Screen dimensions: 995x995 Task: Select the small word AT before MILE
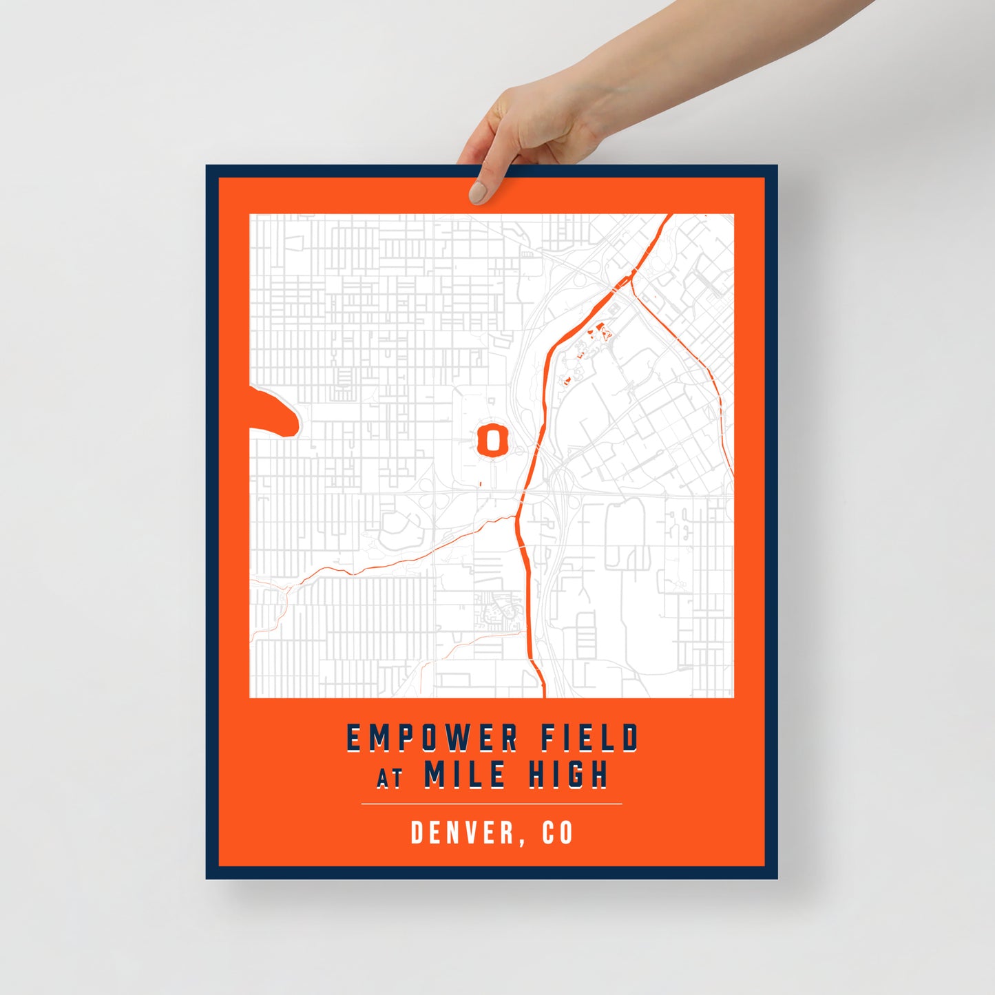(x=389, y=778)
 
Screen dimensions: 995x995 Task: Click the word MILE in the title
(x=465, y=774)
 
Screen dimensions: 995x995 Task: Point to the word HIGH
(x=568, y=774)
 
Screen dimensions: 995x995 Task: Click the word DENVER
(x=463, y=832)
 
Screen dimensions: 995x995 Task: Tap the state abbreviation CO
(x=557, y=832)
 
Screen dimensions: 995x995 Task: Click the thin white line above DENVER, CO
(x=492, y=804)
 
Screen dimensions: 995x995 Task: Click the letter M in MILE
(x=435, y=774)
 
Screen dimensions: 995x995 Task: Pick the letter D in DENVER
(x=417, y=832)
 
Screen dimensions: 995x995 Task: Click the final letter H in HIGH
(x=599, y=774)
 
